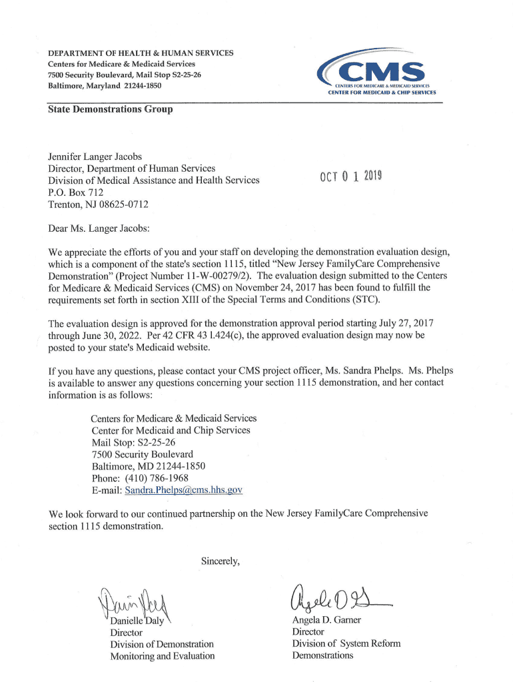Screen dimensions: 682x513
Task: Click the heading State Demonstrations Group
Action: [110, 109]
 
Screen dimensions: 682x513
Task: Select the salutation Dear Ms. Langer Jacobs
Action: [99, 228]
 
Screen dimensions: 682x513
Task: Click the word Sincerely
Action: [220, 561]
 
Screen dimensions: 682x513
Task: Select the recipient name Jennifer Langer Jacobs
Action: [95, 157]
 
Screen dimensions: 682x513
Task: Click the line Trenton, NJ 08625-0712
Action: [98, 204]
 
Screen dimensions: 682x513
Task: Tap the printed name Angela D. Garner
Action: [326, 620]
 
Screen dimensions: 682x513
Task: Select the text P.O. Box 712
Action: [76, 192]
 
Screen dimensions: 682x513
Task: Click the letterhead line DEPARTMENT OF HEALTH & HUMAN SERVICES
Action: [141, 53]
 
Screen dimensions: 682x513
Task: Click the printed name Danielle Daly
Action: [137, 621]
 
